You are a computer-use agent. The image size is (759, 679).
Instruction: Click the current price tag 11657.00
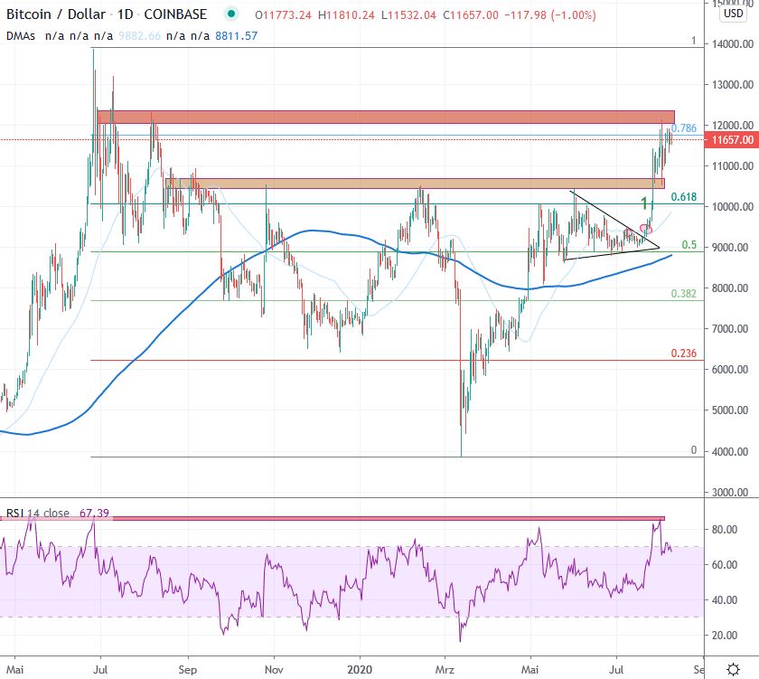point(732,140)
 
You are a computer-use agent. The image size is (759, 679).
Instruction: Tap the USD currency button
point(733,14)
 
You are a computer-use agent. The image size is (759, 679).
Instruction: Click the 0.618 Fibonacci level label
point(682,196)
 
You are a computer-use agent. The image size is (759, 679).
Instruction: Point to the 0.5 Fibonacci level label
point(689,245)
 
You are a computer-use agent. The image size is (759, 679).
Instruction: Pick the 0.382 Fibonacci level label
point(682,294)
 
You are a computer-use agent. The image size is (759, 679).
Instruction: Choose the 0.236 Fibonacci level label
point(682,354)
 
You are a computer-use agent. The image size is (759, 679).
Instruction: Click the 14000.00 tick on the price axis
point(733,43)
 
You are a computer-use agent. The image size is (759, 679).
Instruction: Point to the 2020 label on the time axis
point(360,671)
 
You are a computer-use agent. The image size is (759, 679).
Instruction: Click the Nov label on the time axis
point(273,671)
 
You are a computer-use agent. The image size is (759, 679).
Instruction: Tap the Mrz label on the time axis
point(445,671)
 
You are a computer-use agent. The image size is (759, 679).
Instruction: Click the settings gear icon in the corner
point(733,669)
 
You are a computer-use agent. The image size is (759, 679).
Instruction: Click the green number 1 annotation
point(643,203)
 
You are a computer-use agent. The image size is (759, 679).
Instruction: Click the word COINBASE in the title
point(176,14)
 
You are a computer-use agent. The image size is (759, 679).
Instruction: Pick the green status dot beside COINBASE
point(232,14)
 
